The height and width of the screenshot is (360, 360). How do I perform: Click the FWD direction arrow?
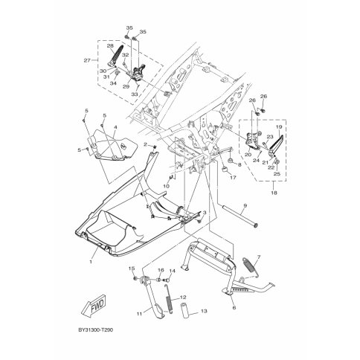click(x=94, y=305)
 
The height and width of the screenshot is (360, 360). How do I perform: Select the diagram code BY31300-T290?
click(x=96, y=330)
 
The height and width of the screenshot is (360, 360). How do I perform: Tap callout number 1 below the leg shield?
click(x=91, y=262)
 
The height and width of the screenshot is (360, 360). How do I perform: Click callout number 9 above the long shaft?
click(x=245, y=205)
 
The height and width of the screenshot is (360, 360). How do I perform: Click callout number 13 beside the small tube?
click(x=204, y=311)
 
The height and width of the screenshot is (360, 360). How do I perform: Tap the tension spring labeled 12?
click(x=169, y=300)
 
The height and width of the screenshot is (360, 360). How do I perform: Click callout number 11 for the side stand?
click(x=139, y=314)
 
